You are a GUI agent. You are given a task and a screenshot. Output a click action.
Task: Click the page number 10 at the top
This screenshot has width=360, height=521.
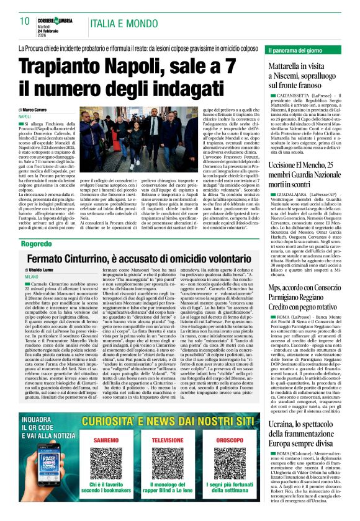pos(25,20)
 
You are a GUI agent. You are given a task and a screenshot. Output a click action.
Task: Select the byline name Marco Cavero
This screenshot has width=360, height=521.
pos(47,110)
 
